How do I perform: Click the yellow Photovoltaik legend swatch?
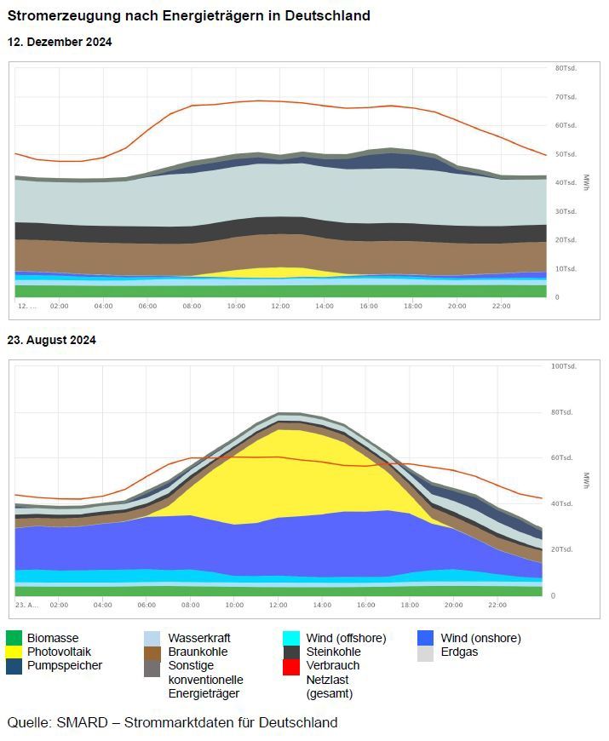14,652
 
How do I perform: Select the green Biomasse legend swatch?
14,638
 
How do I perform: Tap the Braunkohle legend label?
198,652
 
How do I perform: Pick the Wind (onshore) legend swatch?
426,638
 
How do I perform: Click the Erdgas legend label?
459,652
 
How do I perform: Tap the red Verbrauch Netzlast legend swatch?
290,666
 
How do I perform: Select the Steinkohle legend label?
333,652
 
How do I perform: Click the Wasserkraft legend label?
199,638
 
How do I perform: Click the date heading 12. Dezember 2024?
60,42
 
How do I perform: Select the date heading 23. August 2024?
52,340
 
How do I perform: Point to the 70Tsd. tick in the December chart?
566,97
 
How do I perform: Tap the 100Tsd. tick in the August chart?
565,367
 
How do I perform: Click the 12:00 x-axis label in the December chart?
280,306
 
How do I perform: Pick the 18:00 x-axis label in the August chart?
411,605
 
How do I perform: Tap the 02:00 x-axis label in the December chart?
60,306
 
